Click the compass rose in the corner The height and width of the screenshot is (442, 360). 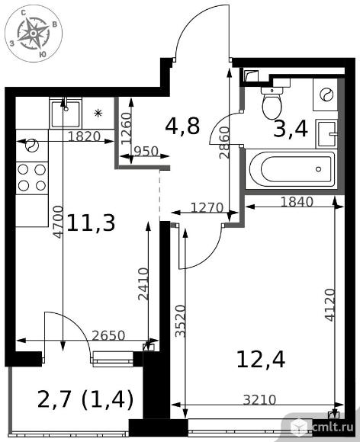(34, 34)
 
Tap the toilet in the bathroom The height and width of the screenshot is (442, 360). (272, 103)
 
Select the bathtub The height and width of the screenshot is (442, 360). (291, 169)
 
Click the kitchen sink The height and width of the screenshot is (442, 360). (65, 114)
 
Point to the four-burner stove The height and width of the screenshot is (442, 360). (31, 178)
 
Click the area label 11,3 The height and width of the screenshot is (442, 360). (91, 223)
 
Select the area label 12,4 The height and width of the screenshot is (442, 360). (261, 360)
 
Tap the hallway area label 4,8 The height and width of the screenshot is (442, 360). (182, 126)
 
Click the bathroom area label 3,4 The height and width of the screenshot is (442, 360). (291, 130)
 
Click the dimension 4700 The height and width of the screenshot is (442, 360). (59, 222)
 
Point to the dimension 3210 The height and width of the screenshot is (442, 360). (259, 399)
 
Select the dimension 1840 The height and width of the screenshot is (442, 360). (297, 201)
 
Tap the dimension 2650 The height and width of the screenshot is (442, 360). (108, 335)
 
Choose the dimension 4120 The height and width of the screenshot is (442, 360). (329, 305)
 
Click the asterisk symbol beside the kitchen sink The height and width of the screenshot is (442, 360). (98, 114)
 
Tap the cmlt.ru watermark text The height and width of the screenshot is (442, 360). (333, 427)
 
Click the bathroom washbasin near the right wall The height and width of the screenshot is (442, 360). (327, 133)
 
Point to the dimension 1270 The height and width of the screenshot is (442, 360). (207, 208)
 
